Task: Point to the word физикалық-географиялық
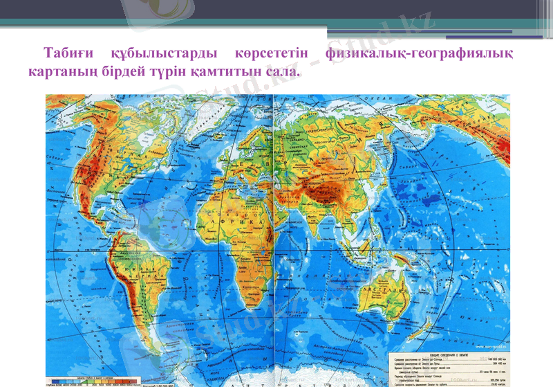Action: pyautogui.click(x=423, y=53)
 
